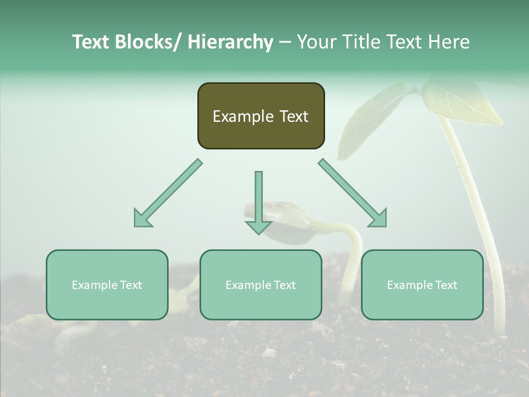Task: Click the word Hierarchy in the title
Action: tap(230, 42)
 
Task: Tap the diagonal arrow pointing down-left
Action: tap(168, 193)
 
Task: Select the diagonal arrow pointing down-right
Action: tap(353, 193)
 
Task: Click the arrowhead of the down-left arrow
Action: tap(142, 219)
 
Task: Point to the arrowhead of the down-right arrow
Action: tap(379, 219)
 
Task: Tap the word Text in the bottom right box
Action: tap(446, 285)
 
